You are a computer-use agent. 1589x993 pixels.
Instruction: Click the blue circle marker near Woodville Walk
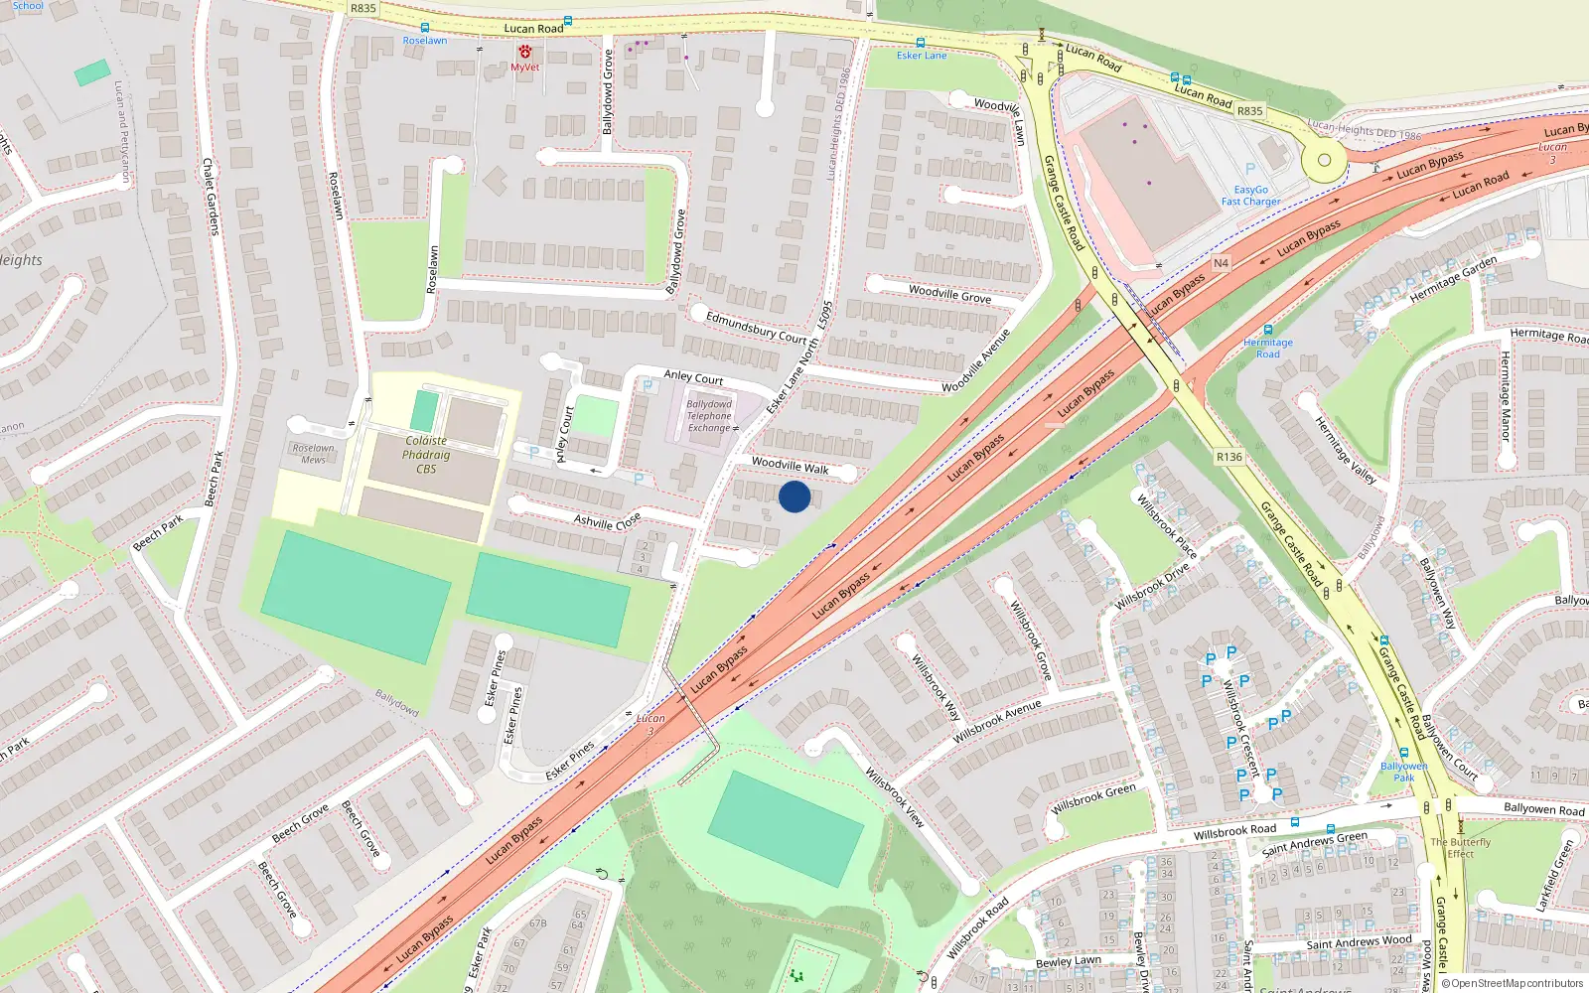794,496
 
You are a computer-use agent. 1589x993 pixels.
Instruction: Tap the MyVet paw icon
524,52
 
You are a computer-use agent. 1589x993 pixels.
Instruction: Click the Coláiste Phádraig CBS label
426,455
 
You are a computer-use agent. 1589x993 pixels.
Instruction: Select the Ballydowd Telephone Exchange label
709,416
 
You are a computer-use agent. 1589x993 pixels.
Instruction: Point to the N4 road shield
1221,263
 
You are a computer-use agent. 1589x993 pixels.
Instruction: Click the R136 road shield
1228,457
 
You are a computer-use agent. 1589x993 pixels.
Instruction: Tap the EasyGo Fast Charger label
1250,196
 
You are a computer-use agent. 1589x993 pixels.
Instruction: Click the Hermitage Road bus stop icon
1267,330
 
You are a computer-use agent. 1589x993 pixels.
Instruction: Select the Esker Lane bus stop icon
920,43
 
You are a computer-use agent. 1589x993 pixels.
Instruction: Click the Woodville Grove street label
949,294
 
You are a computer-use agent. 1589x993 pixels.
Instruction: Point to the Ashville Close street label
607,521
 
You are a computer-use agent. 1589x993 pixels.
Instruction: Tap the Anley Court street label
693,377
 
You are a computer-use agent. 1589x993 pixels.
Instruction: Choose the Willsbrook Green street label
1092,797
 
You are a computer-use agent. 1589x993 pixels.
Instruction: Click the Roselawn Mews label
313,454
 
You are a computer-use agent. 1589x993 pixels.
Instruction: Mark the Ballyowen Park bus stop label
1403,772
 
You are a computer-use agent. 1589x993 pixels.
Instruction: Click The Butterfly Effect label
1460,848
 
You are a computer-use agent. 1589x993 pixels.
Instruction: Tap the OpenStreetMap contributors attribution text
1512,983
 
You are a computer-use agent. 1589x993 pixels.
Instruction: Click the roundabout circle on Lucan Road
1324,160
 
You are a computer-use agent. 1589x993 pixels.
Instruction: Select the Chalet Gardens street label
211,196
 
